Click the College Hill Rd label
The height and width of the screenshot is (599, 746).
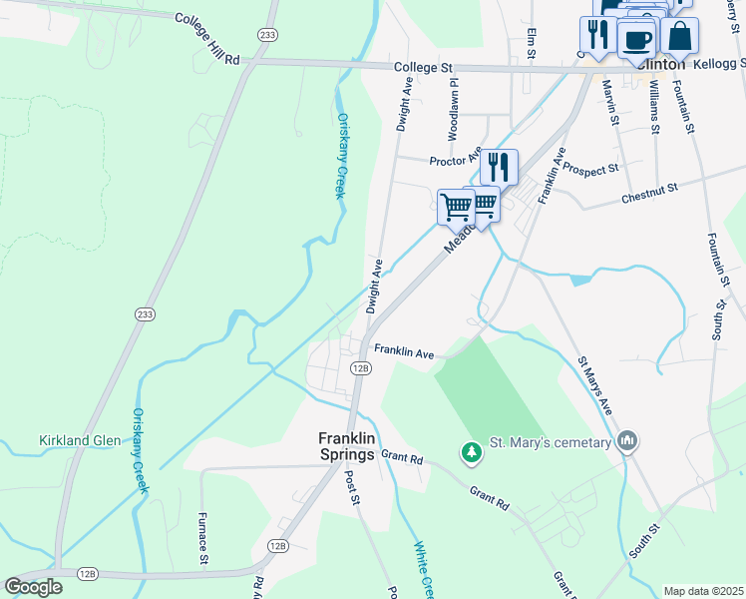tap(208, 39)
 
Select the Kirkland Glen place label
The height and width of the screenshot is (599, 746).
tap(79, 440)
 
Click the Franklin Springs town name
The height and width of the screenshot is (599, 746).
tap(332, 445)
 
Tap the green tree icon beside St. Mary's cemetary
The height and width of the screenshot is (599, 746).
tap(471, 453)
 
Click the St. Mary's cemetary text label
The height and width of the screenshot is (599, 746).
tap(550, 442)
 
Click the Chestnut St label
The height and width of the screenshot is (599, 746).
tap(649, 187)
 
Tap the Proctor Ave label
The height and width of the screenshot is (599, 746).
tap(455, 161)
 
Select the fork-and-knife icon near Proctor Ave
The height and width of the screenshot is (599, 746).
tap(499, 166)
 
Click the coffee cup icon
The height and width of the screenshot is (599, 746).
tap(635, 41)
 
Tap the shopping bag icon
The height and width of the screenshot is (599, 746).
tap(679, 35)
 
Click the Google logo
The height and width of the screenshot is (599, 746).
tap(34, 586)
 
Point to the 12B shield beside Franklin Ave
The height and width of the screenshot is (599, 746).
tap(361, 367)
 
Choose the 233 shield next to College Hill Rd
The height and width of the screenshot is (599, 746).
tap(266, 34)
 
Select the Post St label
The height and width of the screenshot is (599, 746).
tap(352, 488)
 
